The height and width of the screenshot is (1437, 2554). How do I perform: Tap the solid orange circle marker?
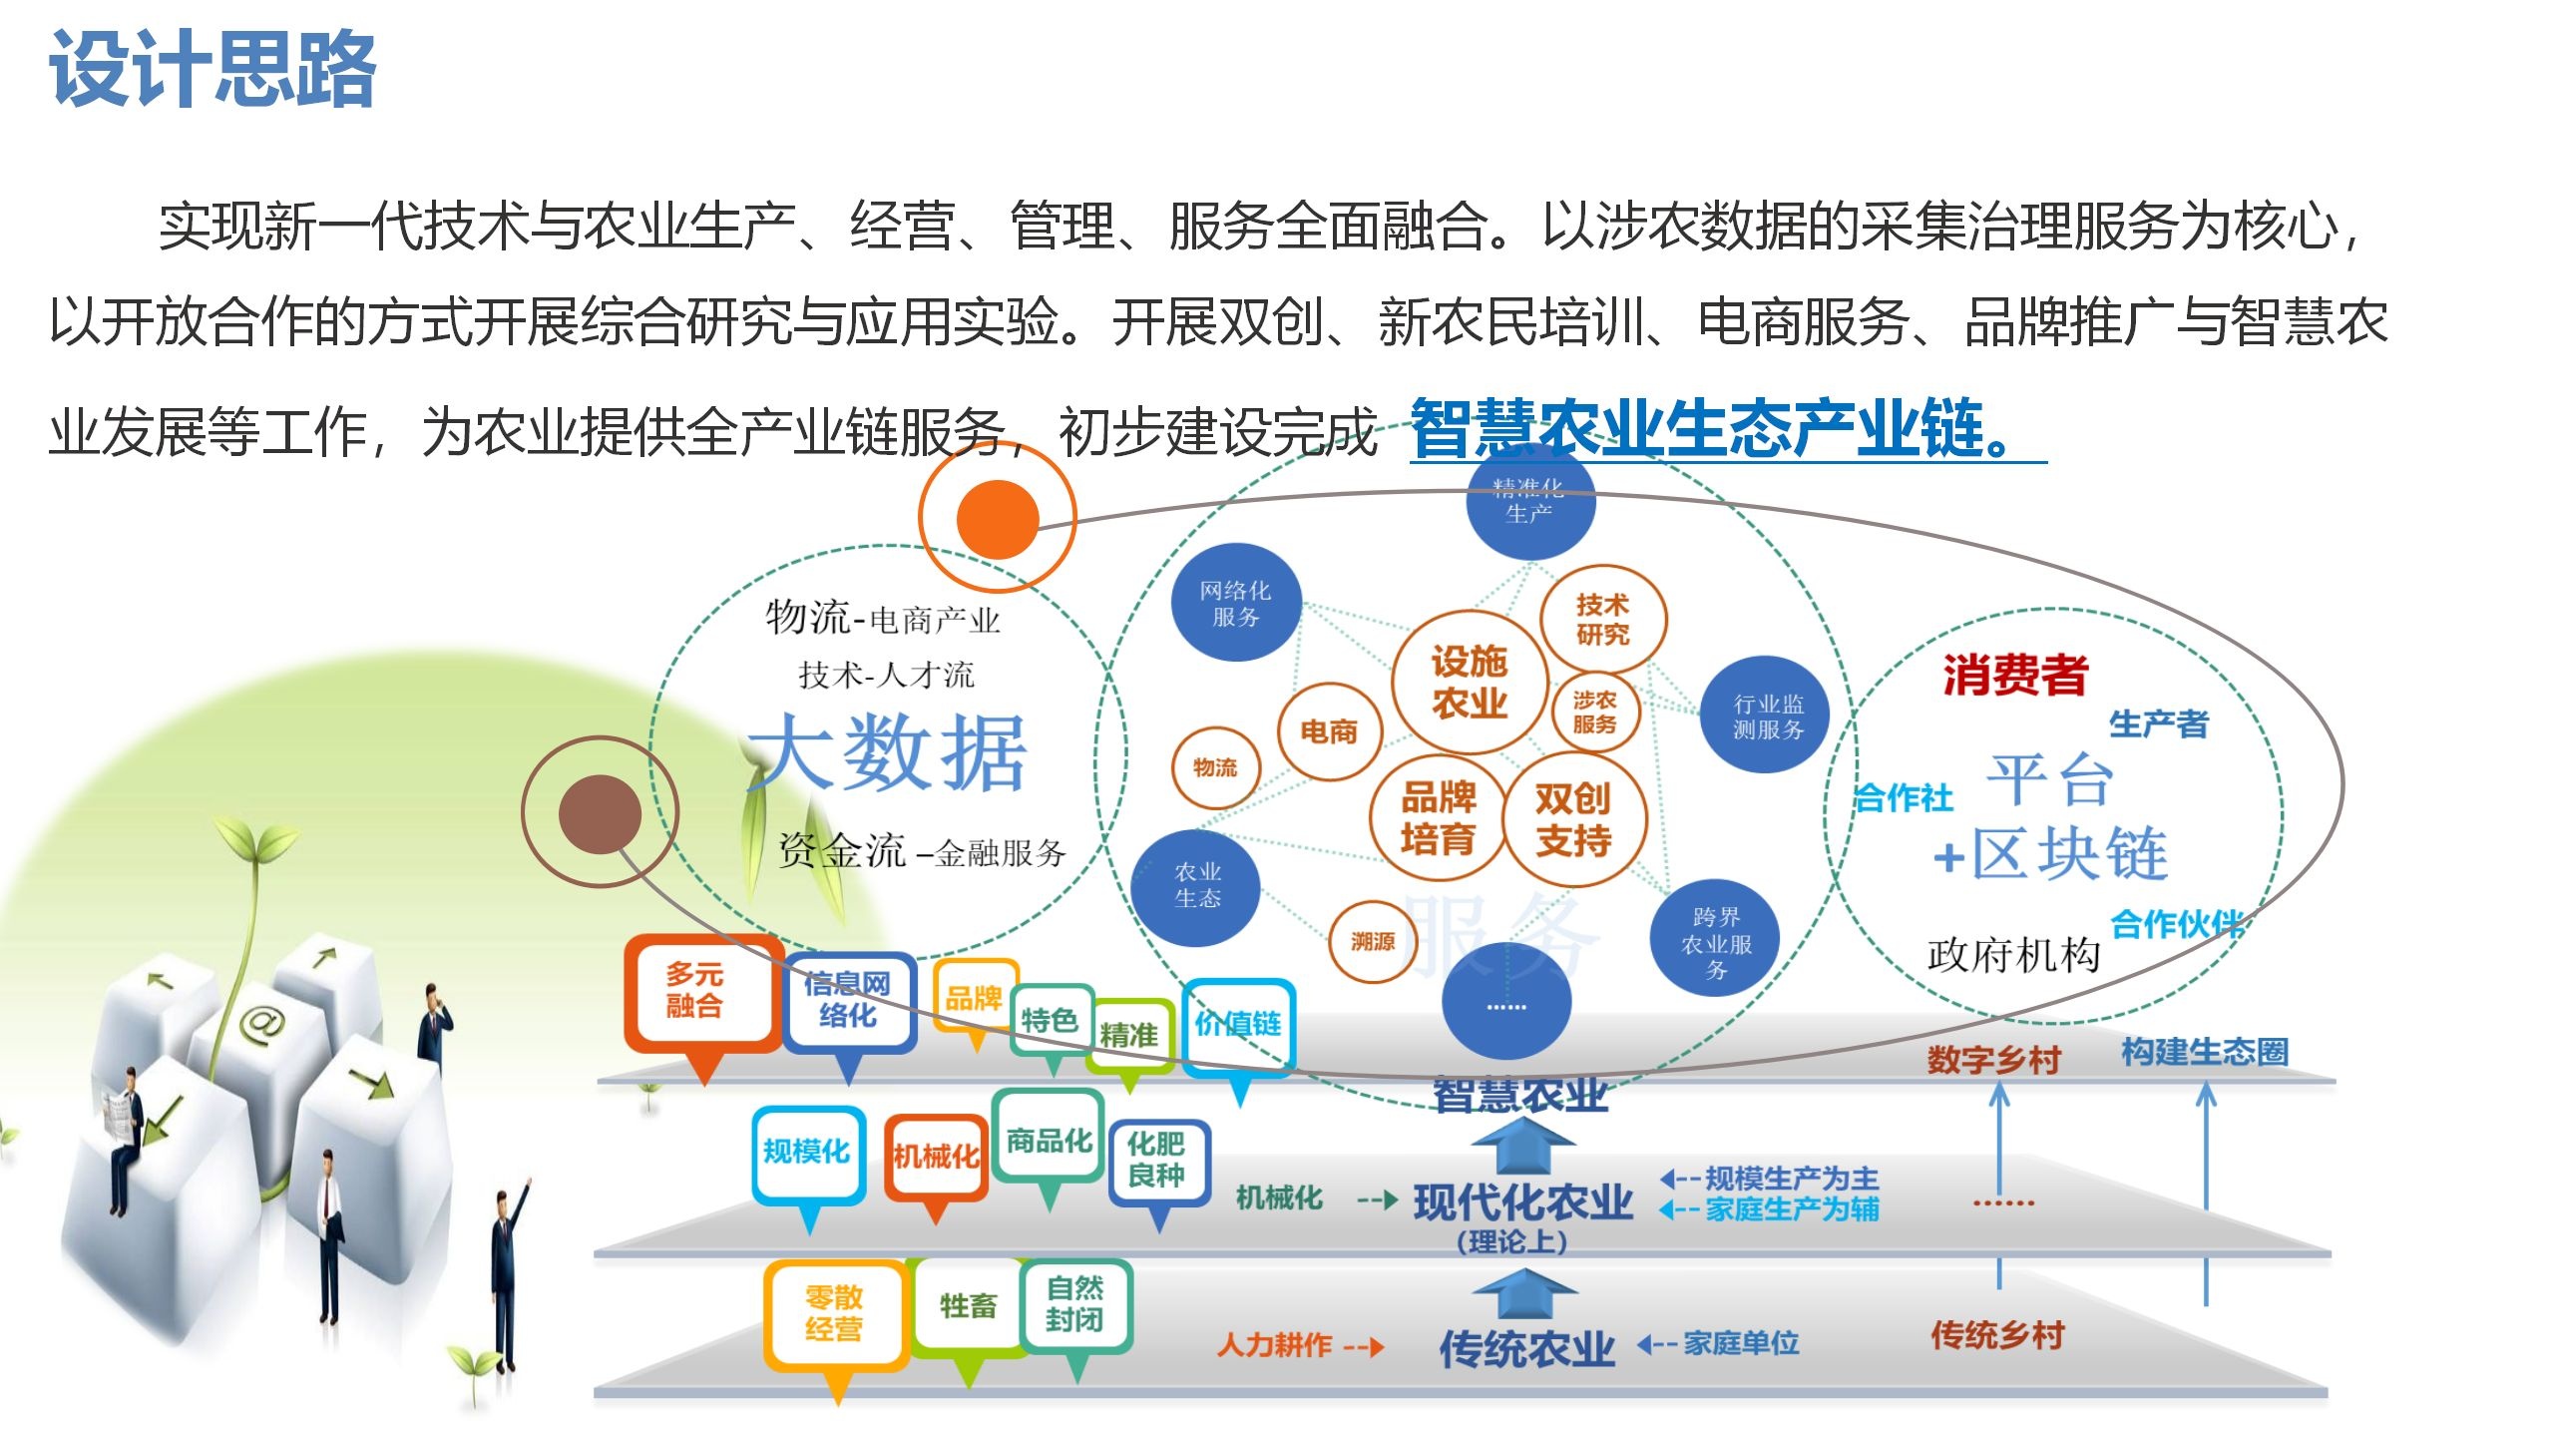click(997, 519)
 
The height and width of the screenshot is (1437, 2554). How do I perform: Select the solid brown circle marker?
click(600, 814)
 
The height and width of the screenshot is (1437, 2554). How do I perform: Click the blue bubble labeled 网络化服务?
click(1235, 603)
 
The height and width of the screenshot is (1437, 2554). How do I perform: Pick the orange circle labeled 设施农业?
click(1469, 683)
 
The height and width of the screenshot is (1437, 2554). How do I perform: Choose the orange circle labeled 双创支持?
click(1573, 819)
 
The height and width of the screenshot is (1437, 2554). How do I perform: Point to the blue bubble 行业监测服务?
click(1768, 716)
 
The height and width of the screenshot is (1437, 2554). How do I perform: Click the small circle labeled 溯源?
click(1373, 941)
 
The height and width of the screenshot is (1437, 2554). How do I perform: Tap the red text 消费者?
click(2015, 675)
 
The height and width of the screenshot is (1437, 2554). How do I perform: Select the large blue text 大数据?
click(888, 753)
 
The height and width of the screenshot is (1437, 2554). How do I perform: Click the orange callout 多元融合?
click(695, 991)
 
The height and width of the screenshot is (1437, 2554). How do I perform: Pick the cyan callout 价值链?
click(1238, 1024)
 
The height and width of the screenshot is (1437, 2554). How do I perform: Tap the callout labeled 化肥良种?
click(1156, 1160)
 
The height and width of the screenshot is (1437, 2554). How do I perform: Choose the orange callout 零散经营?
click(834, 1313)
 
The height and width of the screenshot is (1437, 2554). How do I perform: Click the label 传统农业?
click(1526, 1348)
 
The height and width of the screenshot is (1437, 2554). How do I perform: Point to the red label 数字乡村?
click(1993, 1059)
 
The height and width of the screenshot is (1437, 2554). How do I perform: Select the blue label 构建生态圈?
click(2205, 1052)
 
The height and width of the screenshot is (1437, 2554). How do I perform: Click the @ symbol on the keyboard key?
click(261, 1023)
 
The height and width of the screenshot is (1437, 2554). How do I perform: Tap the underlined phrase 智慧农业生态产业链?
click(1712, 429)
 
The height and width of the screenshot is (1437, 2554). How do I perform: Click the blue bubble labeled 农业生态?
click(1197, 885)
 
